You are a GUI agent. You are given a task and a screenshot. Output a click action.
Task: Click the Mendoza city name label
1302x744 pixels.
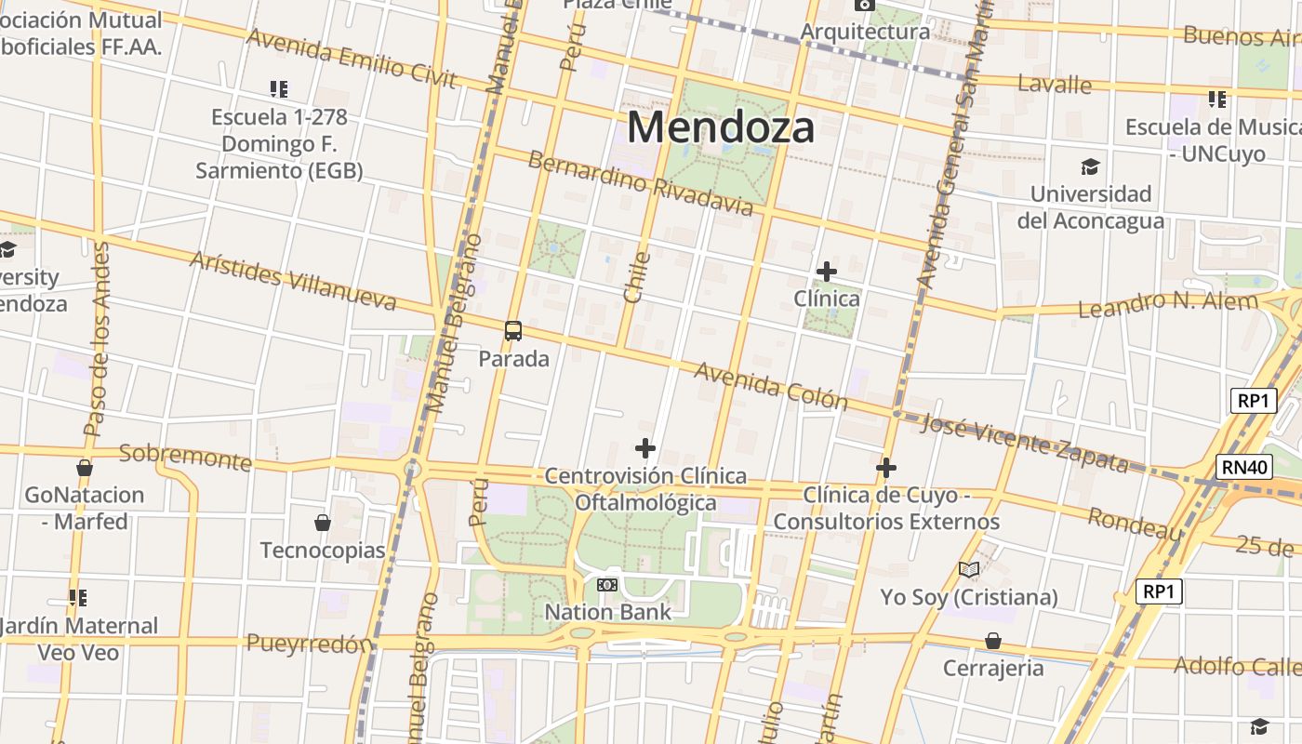[x=721, y=126]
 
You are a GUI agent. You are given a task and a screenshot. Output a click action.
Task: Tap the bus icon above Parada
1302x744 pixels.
[x=513, y=330]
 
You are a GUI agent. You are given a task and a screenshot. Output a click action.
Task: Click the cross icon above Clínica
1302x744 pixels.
[x=826, y=272]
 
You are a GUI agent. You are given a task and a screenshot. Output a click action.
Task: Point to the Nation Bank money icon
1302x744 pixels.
[x=607, y=584]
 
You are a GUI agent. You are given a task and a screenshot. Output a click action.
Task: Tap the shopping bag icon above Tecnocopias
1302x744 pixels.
[x=323, y=523]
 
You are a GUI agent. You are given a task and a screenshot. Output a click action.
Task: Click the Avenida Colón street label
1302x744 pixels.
[x=771, y=385]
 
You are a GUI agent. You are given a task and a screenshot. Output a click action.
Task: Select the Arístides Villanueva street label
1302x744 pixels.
[x=293, y=280]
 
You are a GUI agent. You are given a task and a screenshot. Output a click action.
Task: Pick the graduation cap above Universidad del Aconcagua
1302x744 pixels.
[x=1090, y=166]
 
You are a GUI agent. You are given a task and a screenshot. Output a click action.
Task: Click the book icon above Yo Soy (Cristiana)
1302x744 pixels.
[x=969, y=569]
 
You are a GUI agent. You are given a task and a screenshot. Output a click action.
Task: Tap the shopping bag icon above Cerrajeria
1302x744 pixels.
[x=993, y=641]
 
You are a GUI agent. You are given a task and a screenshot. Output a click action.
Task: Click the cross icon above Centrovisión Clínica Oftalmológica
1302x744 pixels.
[x=644, y=448]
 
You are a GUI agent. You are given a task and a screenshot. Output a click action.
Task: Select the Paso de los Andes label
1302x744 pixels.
[x=96, y=339]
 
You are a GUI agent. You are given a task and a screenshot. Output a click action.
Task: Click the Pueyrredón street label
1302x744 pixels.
[x=310, y=643]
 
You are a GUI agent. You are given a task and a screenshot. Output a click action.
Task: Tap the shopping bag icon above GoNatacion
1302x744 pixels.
[x=85, y=468]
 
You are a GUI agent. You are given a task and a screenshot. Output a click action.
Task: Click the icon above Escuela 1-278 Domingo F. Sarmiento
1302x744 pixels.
[x=279, y=89]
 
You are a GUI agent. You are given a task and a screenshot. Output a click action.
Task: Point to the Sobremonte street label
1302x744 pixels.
[x=185, y=457]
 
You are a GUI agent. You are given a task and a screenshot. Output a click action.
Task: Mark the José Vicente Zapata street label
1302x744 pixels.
[x=1023, y=443]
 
